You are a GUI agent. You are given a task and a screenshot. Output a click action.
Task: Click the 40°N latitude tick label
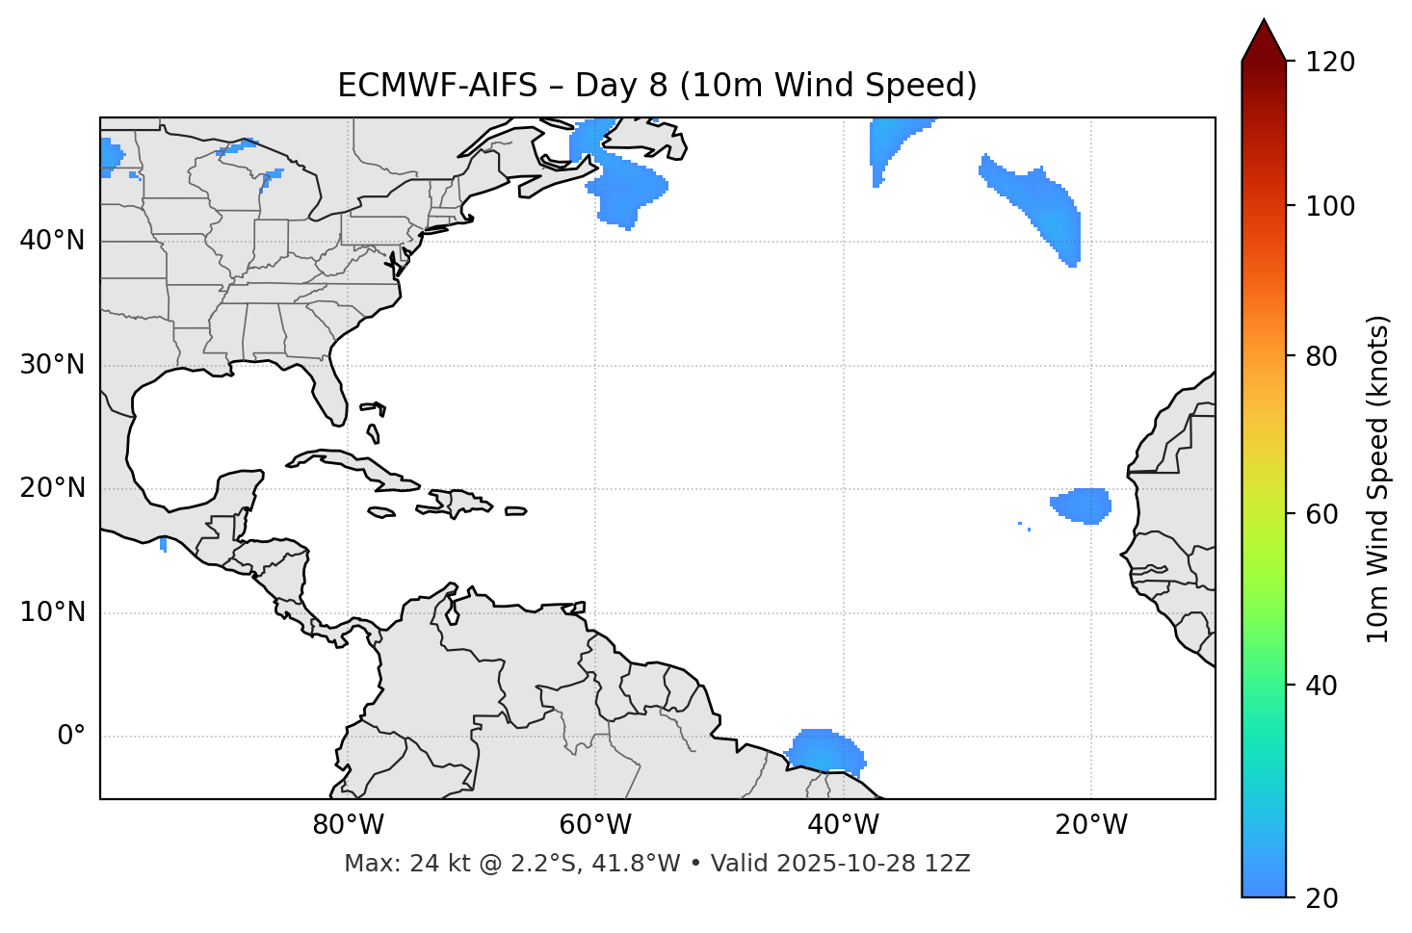click(52, 241)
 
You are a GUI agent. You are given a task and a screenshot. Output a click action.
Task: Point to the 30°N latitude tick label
click(52, 365)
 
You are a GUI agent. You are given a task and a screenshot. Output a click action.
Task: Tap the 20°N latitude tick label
click(52, 488)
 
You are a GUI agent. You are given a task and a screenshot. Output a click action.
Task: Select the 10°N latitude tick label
click(52, 612)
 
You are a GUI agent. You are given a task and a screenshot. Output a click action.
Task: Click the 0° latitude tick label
click(70, 737)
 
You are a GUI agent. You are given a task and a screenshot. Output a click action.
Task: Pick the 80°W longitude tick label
click(348, 825)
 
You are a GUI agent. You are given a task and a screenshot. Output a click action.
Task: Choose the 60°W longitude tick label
click(595, 825)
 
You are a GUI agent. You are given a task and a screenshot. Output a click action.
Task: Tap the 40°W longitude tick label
click(843, 825)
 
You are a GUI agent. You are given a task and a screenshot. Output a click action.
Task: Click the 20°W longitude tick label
click(1091, 825)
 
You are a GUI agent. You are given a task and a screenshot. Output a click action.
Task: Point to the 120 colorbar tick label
click(1330, 63)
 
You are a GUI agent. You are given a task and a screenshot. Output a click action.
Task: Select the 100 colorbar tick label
click(1330, 206)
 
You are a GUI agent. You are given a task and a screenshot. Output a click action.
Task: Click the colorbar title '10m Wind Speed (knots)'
click(1378, 479)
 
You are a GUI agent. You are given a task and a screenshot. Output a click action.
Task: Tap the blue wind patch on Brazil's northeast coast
click(824, 750)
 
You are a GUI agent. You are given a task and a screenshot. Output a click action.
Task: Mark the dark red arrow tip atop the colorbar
click(1263, 39)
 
